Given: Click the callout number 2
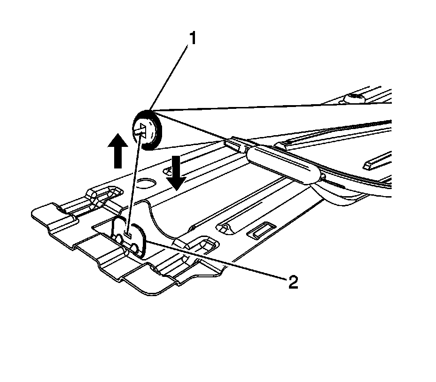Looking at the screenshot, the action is coord(292,282).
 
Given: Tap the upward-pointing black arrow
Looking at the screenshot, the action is coord(117,150).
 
